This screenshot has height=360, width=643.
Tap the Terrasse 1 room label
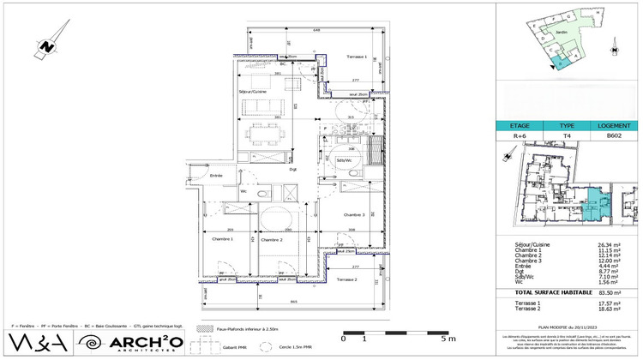tap(357, 57)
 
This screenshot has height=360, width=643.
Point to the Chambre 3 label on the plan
tap(354, 214)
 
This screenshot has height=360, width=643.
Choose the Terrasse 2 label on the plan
tap(347, 280)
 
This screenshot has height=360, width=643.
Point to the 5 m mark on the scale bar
tap(442, 339)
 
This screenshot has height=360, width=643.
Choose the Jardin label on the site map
tap(562, 32)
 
